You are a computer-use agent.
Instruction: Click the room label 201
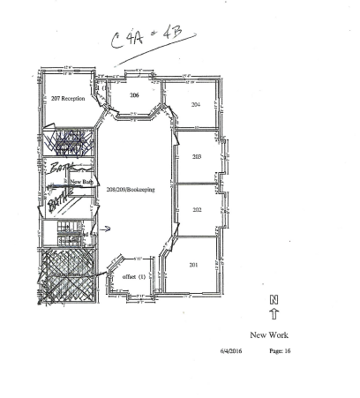pos(194,265)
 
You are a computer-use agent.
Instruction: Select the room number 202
pos(197,210)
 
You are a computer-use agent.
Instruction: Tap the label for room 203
pos(197,156)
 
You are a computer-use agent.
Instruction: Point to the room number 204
pos(196,104)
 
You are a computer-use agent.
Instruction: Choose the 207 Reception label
pos(68,99)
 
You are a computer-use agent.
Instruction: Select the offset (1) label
pos(133,276)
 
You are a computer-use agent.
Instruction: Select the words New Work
pos(270,335)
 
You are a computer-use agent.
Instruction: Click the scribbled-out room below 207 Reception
pos(69,141)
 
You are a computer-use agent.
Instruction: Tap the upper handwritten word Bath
pos(58,166)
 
